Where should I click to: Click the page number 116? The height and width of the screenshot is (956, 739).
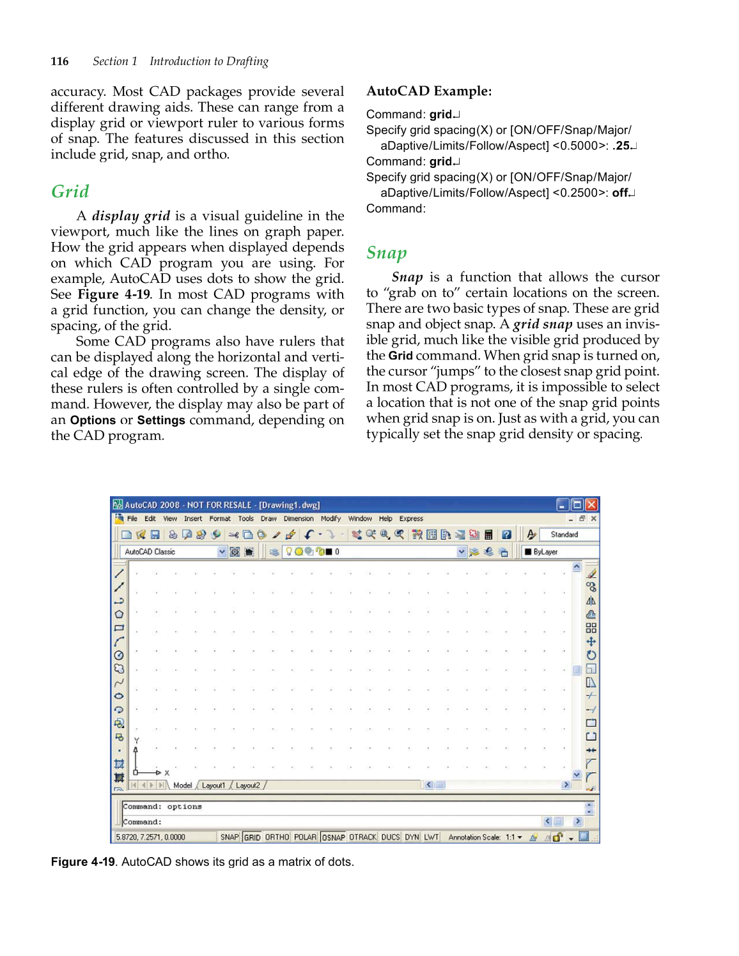pos(59,61)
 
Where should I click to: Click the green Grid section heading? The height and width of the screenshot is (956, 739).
pos(70,192)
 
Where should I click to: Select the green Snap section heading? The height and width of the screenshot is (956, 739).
pos(386,253)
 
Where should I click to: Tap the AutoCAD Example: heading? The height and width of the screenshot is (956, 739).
pos(429,91)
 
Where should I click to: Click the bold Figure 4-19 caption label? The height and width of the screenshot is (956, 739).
pos(83,861)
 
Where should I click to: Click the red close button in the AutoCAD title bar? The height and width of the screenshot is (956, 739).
pos(591,505)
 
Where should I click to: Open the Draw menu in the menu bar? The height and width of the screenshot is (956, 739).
pos(268,519)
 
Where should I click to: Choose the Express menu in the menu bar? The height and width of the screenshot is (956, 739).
pos(411,519)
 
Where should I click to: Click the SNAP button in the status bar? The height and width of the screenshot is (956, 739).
pos(229,837)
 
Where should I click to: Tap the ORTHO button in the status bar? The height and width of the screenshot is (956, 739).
pos(277,837)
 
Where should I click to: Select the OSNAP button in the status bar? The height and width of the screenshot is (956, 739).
pos(333,837)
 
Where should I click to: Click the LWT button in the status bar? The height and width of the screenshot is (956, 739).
pos(432,837)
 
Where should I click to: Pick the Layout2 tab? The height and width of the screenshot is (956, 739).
pos(248,785)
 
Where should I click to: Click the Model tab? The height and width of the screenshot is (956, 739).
pos(182,785)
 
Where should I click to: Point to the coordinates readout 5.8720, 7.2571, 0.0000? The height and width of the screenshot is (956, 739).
pos(151,837)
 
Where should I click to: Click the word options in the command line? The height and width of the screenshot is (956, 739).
pos(184,807)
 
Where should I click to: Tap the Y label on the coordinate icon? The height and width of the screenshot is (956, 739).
pos(136,741)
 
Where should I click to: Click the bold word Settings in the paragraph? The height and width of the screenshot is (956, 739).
pos(161,420)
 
